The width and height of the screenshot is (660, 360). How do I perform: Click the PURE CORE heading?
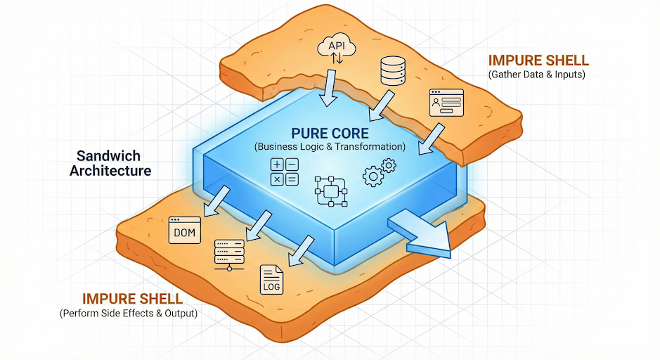point(330,133)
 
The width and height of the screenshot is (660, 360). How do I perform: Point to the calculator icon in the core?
point(284,172)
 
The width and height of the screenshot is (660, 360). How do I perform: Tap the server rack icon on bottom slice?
point(228,255)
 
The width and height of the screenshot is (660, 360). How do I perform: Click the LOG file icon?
point(271,279)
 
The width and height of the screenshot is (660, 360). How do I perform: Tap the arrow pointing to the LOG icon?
point(299,249)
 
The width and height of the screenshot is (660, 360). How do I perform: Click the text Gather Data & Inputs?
point(536,75)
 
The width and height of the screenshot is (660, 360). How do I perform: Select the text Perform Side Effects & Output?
point(129,313)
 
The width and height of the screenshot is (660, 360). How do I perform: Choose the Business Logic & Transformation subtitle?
point(330,148)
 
